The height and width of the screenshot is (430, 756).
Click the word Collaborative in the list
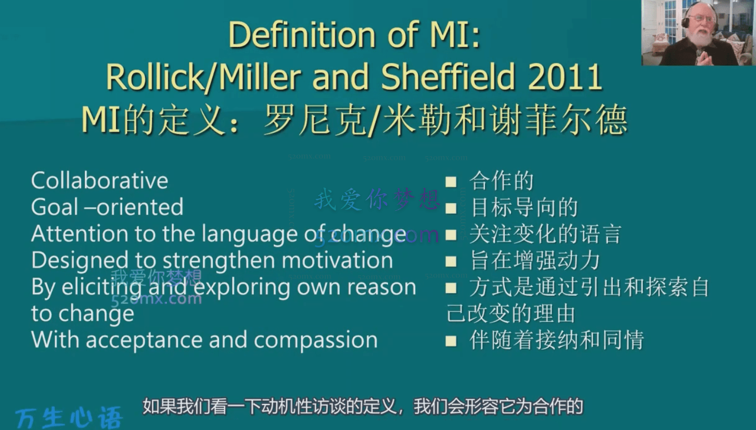[x=99, y=181]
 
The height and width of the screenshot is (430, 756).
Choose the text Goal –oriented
[x=107, y=207]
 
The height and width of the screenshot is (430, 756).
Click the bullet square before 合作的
[x=451, y=182]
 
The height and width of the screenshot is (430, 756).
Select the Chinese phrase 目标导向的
[x=523, y=208]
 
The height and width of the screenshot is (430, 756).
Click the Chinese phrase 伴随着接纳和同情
[x=556, y=341]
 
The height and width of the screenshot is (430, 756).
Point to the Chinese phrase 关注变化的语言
[x=545, y=234]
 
